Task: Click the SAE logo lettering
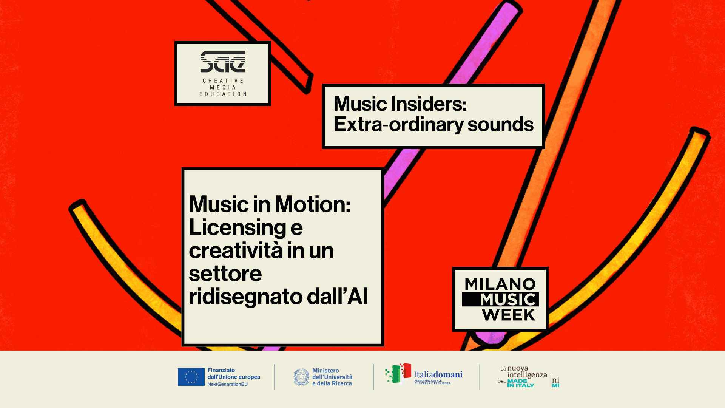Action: [223, 62]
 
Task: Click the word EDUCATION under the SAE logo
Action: [223, 94]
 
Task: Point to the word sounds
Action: [501, 124]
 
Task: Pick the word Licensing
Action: [238, 228]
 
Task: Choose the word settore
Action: [225, 274]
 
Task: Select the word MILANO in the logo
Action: [500, 284]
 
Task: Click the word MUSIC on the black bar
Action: [507, 300]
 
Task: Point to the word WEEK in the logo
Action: [509, 315]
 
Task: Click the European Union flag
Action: [191, 377]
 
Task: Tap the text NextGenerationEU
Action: [228, 384]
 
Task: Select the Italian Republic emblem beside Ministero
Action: [301, 377]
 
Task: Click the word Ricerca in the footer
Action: [342, 383]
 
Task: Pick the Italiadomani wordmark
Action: [438, 374]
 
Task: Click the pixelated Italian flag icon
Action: [398, 373]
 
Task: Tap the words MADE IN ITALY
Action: [521, 383]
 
